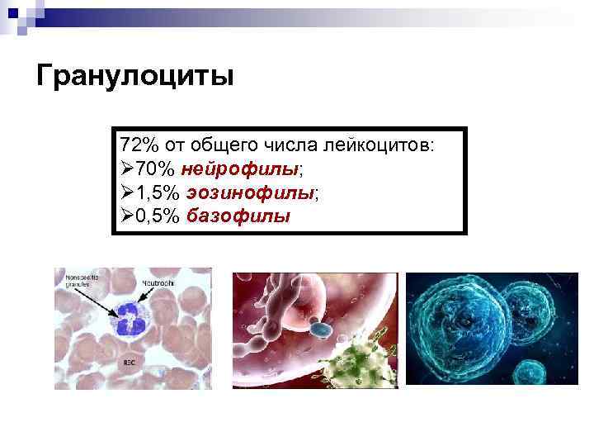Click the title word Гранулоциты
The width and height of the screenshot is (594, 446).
pos(136,77)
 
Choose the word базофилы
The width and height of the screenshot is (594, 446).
pos(238,217)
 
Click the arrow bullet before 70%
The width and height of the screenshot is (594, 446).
pos(127,169)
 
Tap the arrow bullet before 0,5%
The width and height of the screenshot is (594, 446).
pos(127,217)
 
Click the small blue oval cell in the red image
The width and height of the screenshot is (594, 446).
pos(319,330)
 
